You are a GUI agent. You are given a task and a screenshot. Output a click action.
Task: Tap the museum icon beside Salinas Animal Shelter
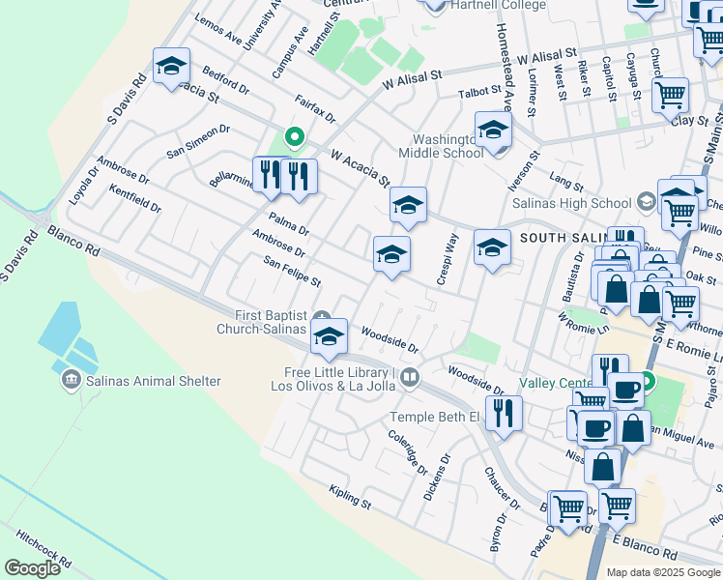tap(71, 381)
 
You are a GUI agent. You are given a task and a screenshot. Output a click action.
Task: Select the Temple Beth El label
tap(434, 417)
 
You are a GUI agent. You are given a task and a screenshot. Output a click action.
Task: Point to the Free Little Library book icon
tap(411, 377)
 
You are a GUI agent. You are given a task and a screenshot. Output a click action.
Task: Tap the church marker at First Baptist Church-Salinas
tap(324, 319)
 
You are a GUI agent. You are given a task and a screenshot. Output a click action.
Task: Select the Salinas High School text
tap(583, 203)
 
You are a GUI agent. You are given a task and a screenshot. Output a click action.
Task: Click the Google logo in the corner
tap(32, 568)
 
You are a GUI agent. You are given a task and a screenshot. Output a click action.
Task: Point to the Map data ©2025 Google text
tap(662, 572)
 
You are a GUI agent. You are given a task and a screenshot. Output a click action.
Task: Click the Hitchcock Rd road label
tap(43, 547)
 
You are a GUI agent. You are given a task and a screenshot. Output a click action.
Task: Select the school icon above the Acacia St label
tap(171, 67)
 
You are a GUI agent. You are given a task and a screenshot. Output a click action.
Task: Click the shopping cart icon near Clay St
tap(669, 95)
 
